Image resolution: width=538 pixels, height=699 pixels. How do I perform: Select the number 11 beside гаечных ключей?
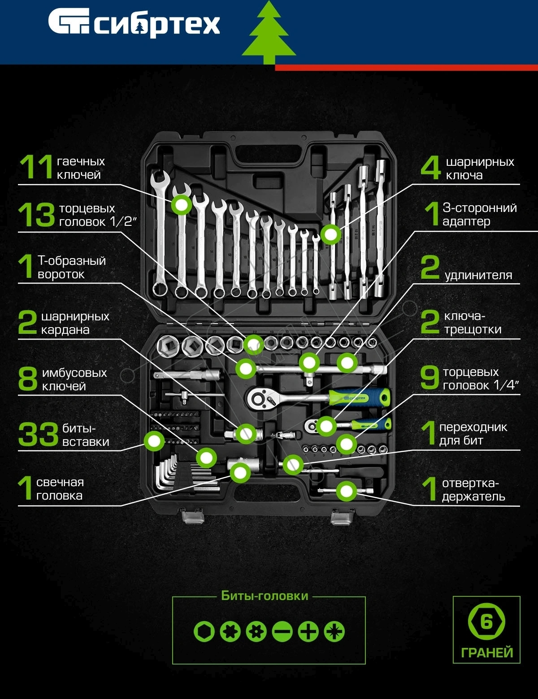click(x=36, y=167)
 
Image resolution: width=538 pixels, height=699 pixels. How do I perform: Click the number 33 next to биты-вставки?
click(x=38, y=435)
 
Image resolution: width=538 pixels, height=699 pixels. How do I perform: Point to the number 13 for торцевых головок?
click(x=37, y=215)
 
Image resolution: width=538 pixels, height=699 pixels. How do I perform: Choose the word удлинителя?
click(x=478, y=276)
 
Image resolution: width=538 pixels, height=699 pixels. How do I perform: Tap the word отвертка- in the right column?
click(x=470, y=483)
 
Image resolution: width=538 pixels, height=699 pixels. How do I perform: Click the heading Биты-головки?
click(x=265, y=596)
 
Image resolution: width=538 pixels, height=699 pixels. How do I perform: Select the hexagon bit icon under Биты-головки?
click(x=204, y=631)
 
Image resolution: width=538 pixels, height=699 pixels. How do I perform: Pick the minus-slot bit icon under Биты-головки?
click(x=282, y=631)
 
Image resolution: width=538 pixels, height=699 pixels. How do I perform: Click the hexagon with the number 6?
click(x=486, y=621)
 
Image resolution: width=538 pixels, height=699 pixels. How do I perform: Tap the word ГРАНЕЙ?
click(x=487, y=653)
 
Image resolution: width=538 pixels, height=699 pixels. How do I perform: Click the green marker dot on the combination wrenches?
click(x=182, y=205)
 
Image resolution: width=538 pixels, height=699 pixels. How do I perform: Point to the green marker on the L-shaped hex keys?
click(x=206, y=458)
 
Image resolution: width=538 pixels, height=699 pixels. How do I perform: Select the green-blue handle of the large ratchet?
click(x=359, y=398)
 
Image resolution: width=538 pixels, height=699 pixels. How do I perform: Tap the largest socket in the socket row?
click(x=167, y=346)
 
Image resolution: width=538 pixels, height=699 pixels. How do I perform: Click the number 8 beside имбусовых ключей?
click(x=28, y=379)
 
